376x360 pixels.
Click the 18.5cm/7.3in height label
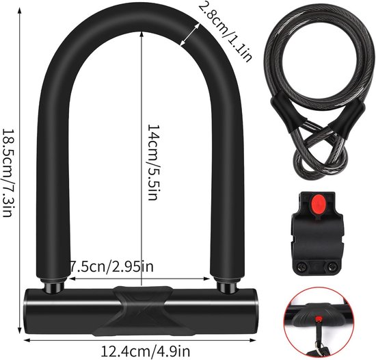[x=8, y=172]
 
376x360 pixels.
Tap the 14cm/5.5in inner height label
[x=153, y=162]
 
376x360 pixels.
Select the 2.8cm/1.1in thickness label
[x=225, y=31]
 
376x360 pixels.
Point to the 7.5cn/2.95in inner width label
[x=111, y=266]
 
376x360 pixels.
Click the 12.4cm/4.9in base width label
[x=146, y=351]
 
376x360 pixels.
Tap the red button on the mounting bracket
[x=317, y=204]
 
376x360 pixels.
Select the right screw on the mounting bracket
[x=332, y=266]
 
